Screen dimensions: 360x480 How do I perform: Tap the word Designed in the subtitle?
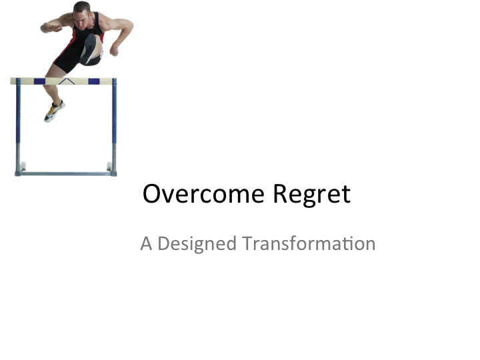[x=197, y=243]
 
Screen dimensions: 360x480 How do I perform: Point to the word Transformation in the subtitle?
[x=309, y=243]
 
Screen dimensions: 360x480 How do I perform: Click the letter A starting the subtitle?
[x=146, y=243]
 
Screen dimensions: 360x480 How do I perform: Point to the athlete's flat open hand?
[x=48, y=27]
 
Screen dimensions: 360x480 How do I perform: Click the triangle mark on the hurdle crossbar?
[x=66, y=81]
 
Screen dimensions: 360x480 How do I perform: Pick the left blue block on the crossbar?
[x=39, y=81]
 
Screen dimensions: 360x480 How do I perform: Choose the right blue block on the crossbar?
[x=94, y=81]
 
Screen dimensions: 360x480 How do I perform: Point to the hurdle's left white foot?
[x=23, y=166]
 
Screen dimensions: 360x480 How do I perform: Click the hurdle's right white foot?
[x=109, y=166]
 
